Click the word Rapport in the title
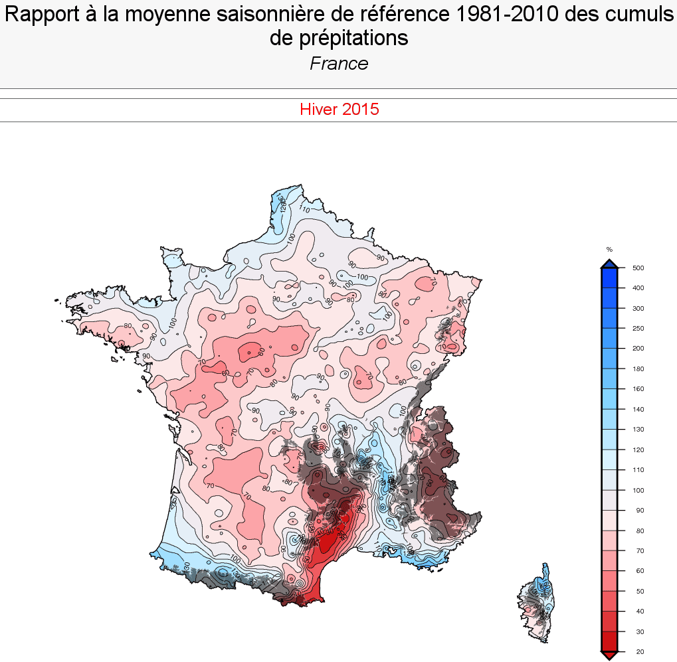click(41, 15)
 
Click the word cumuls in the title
click(643, 15)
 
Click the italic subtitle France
click(339, 64)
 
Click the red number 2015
click(361, 110)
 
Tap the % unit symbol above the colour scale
click(609, 250)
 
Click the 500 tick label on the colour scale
click(639, 268)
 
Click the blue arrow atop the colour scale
click(609, 264)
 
